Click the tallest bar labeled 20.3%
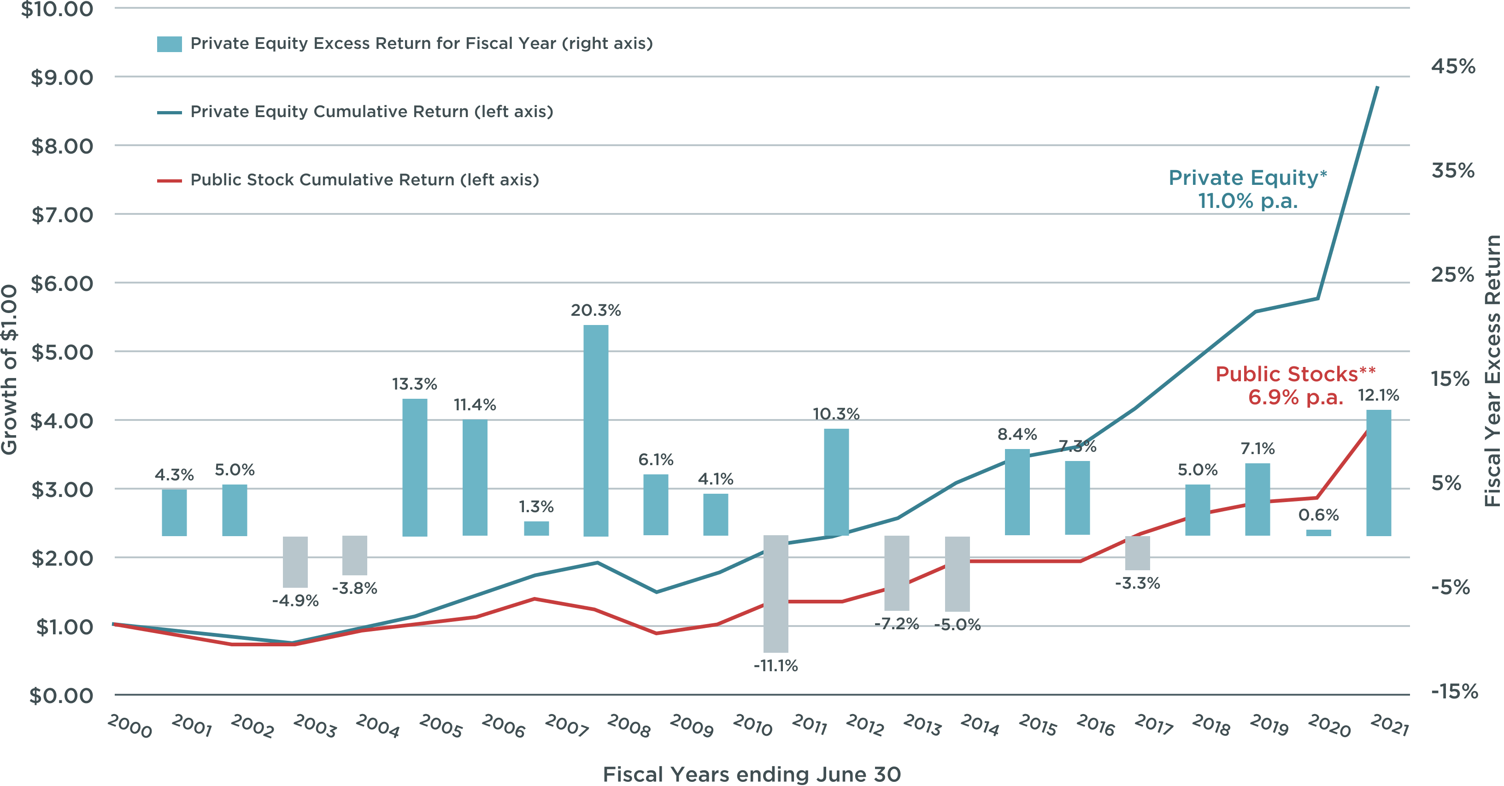(x=595, y=431)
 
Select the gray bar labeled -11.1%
(x=775, y=593)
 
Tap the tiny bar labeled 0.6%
(x=1318, y=532)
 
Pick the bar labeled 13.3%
(x=415, y=467)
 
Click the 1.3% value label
(x=536, y=506)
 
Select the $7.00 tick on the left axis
(x=62, y=215)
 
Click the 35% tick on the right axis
(x=1452, y=171)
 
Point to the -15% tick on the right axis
(x=1454, y=691)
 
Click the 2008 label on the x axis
(x=629, y=726)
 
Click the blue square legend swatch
(x=169, y=44)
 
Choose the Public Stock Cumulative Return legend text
(x=364, y=180)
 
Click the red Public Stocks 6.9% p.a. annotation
(x=1295, y=385)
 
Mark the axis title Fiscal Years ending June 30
(x=752, y=774)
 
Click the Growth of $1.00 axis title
(x=9, y=369)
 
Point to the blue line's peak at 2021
(x=1378, y=87)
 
